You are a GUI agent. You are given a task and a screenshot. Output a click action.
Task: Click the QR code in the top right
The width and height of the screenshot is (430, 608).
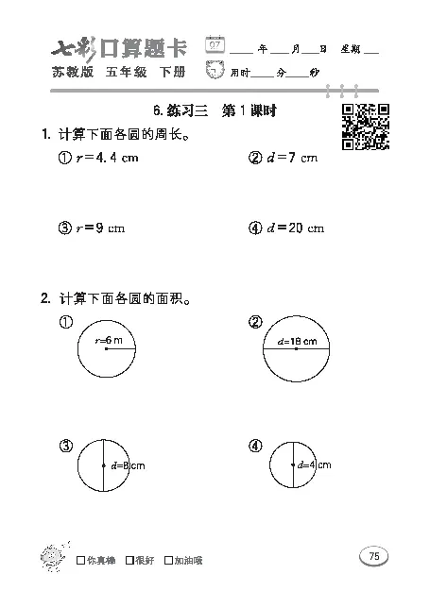click(x=365, y=126)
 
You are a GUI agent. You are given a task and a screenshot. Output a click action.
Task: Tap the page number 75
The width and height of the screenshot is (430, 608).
click(x=373, y=556)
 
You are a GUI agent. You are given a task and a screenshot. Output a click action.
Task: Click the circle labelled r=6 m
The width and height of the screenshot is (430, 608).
click(x=106, y=348)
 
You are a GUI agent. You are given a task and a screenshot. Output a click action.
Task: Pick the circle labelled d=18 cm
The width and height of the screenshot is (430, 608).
click(x=296, y=348)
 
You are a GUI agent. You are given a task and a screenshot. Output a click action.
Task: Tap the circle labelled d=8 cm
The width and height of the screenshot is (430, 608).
click(x=106, y=464)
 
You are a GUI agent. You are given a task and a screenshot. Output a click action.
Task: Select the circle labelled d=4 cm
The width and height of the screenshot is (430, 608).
click(x=296, y=464)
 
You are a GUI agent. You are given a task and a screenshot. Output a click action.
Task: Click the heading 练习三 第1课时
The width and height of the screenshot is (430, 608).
click(x=218, y=110)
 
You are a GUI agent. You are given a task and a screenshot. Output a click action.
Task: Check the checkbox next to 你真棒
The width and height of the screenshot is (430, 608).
click(x=78, y=560)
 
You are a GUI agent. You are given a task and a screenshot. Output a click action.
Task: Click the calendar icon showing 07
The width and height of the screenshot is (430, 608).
click(x=215, y=45)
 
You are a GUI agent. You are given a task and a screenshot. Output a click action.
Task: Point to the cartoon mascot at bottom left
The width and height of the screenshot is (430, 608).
click(x=50, y=558)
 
